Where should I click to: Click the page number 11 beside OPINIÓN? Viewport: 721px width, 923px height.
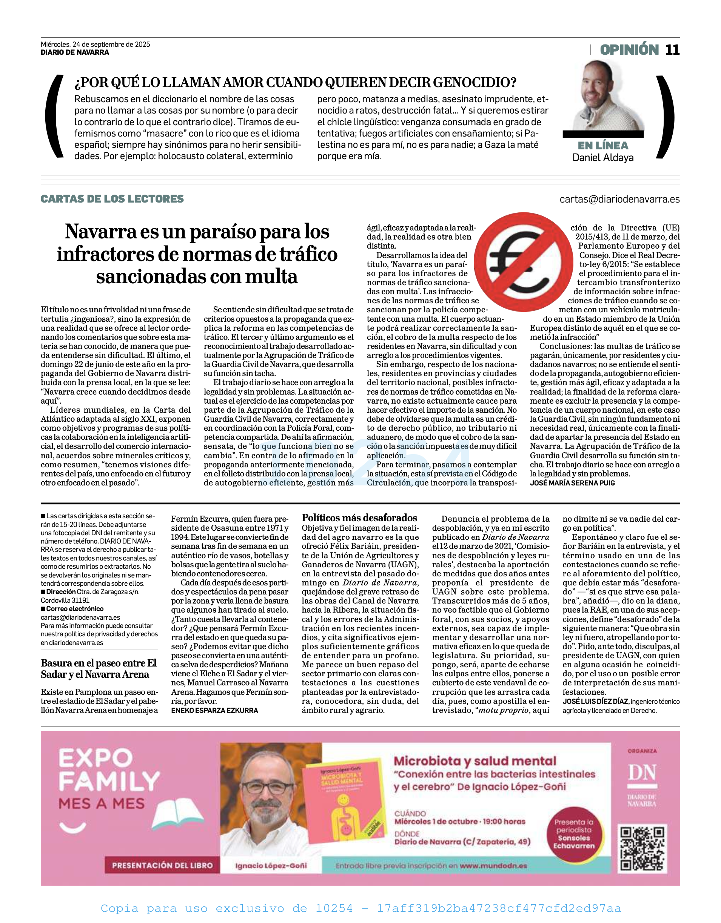click(x=672, y=50)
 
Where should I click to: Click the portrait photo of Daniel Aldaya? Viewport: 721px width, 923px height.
click(x=604, y=96)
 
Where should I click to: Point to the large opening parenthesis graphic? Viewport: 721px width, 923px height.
click(x=55, y=117)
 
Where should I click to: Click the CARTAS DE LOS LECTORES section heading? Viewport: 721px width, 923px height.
click(x=112, y=199)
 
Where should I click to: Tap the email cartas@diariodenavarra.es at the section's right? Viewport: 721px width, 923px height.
click(x=619, y=200)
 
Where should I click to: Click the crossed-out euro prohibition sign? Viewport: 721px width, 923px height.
click(x=523, y=262)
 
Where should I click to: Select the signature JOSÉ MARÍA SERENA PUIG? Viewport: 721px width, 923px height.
click(x=572, y=483)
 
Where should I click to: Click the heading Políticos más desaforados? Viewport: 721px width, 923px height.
click(x=359, y=518)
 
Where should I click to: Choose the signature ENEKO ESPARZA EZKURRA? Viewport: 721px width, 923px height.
click(x=214, y=711)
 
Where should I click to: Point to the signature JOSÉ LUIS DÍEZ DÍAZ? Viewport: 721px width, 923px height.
click(x=595, y=702)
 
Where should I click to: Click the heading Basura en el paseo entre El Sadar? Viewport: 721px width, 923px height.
click(x=99, y=669)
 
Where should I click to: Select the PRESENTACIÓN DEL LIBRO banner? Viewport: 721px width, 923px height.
click(x=162, y=866)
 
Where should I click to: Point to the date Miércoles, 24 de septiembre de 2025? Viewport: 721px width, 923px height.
click(x=95, y=45)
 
